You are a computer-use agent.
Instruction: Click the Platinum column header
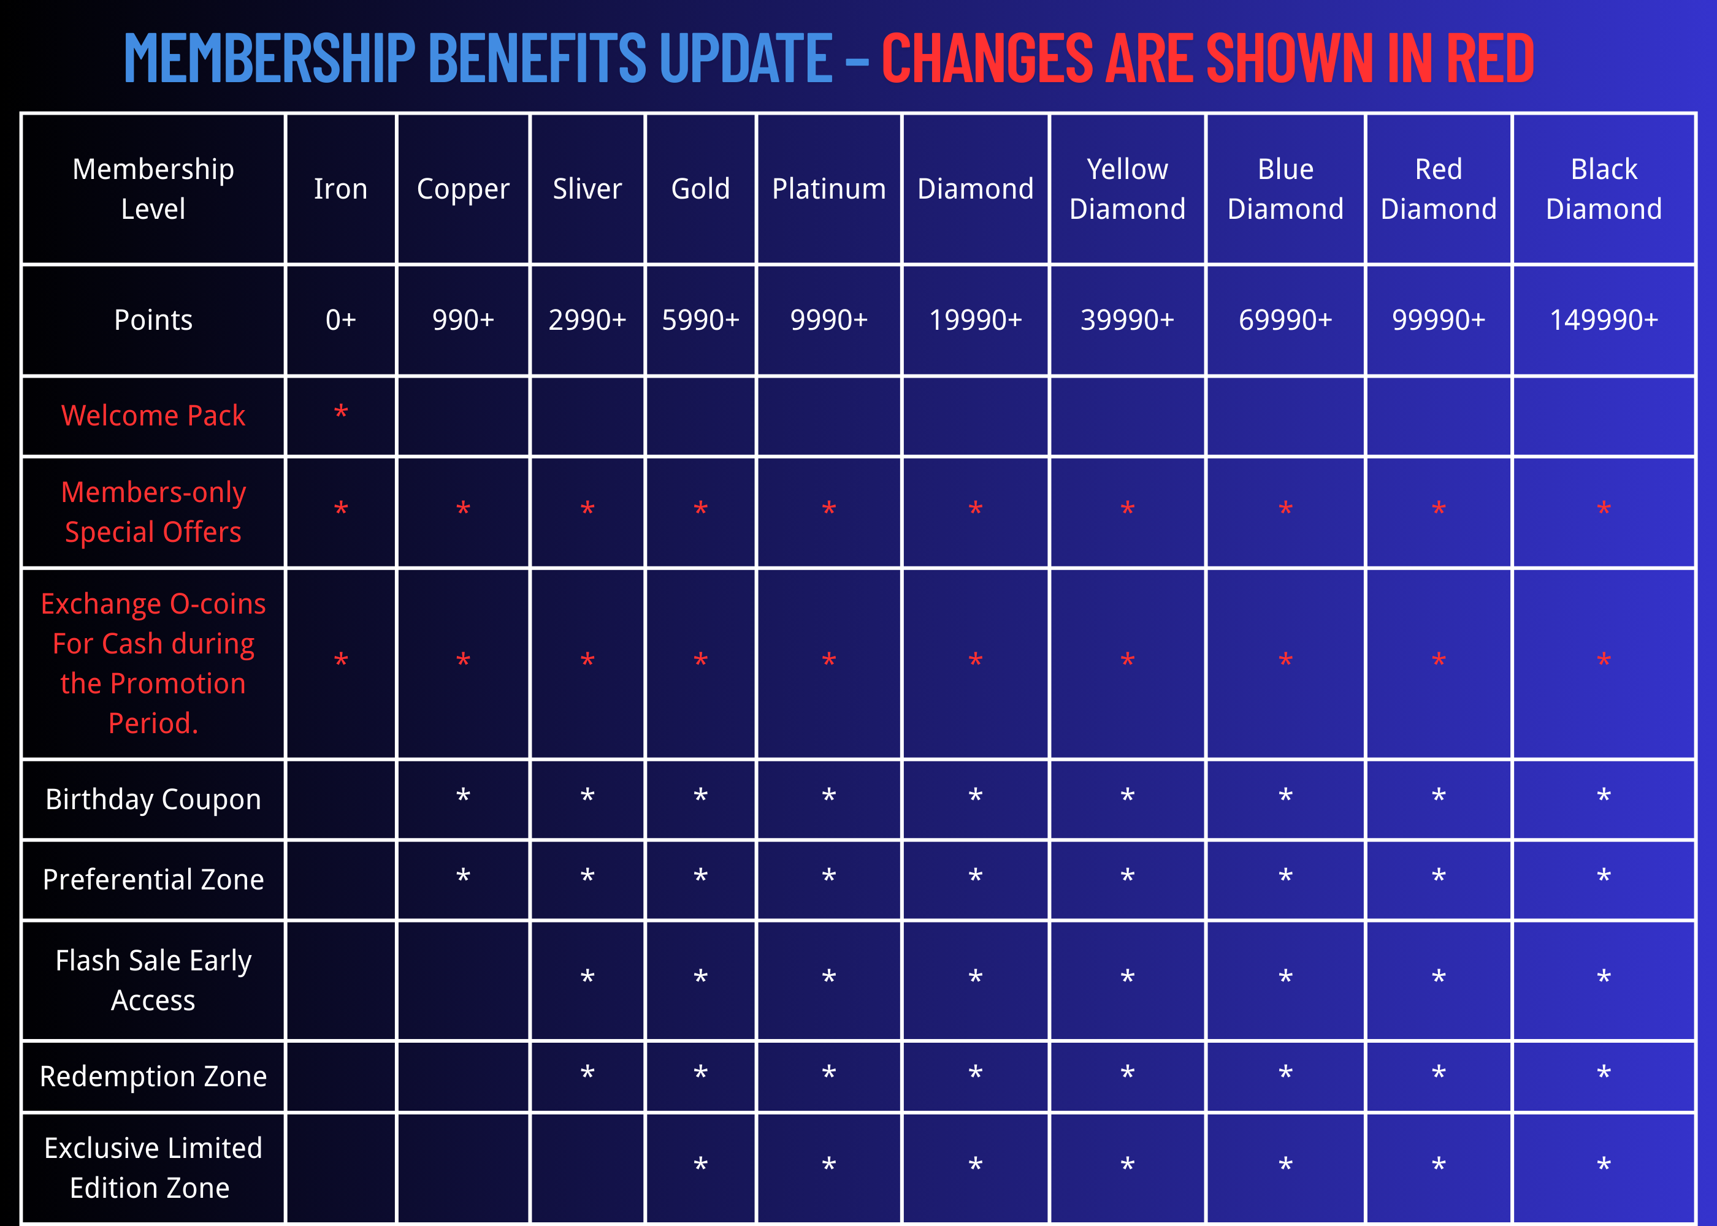coord(828,189)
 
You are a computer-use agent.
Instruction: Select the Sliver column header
coord(587,189)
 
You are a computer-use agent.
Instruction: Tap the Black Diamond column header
coord(1603,189)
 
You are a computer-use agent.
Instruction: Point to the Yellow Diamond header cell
coord(1126,189)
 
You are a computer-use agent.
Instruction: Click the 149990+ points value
coord(1603,320)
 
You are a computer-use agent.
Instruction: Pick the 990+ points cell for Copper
coord(463,320)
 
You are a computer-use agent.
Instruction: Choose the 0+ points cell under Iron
coord(340,320)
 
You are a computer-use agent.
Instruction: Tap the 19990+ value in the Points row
coord(975,320)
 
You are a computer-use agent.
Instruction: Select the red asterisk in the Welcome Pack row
coord(340,413)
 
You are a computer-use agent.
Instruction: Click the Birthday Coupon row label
coord(153,799)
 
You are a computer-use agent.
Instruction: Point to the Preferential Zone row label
coord(153,880)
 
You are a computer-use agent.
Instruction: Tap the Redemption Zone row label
coord(153,1076)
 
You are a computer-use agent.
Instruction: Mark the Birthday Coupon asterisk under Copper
coord(463,796)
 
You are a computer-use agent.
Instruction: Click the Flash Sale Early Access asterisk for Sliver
coord(587,977)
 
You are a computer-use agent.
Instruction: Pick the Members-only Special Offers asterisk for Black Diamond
coord(1603,509)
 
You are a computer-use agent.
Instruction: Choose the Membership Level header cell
coord(153,189)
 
